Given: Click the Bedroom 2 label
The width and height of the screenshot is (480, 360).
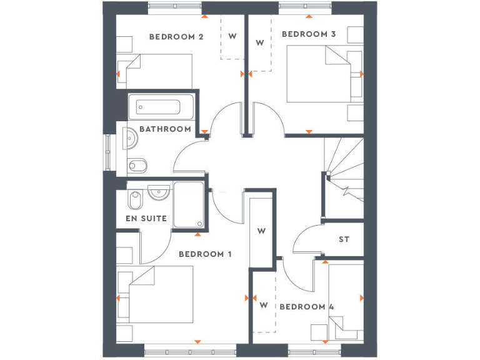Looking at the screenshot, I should pyautogui.click(x=176, y=37).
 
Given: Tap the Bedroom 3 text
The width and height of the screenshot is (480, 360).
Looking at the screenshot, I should pyautogui.click(x=309, y=34).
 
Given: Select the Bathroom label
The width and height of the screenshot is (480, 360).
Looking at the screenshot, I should pyautogui.click(x=165, y=129).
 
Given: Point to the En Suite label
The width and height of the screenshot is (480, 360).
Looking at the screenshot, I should pyautogui.click(x=146, y=219).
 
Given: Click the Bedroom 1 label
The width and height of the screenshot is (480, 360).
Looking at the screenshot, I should pyautogui.click(x=205, y=254).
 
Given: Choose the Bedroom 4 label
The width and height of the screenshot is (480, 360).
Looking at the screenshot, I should pyautogui.click(x=306, y=307).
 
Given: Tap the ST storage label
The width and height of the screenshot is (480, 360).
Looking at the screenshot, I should pyautogui.click(x=344, y=239).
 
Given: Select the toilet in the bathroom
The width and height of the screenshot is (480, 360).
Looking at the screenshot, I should pyautogui.click(x=137, y=166).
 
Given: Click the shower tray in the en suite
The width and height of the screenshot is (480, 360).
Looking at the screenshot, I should pyautogui.click(x=189, y=205).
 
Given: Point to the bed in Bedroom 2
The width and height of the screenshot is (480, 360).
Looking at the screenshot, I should pyautogui.click(x=159, y=71).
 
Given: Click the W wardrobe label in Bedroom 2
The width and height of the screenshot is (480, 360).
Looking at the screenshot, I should pyautogui.click(x=232, y=36).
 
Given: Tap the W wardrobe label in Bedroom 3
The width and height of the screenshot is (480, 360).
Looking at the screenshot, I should pyautogui.click(x=260, y=42).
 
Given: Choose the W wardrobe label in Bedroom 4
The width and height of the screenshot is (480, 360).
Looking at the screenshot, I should pyautogui.click(x=263, y=306).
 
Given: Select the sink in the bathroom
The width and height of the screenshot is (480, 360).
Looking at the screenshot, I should pyautogui.click(x=131, y=138).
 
